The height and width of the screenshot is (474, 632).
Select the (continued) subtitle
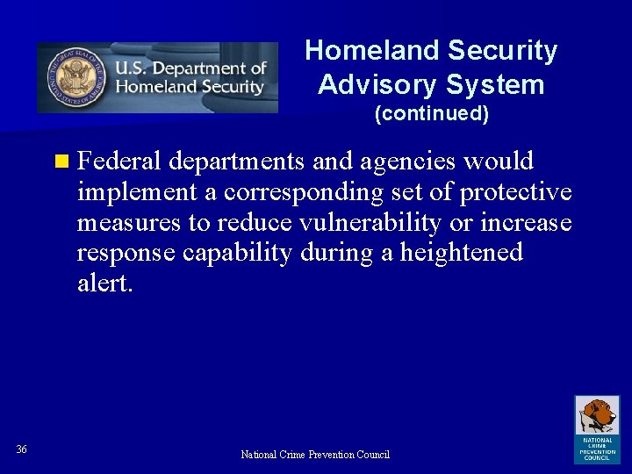pyautogui.click(x=431, y=113)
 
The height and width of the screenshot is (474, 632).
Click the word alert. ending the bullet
pyautogui.click(x=104, y=284)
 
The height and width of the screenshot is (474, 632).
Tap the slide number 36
pyautogui.click(x=22, y=449)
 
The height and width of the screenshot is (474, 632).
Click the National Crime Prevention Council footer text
pyautogui.click(x=315, y=454)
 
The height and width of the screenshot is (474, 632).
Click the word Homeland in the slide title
pyautogui.click(x=361, y=52)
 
